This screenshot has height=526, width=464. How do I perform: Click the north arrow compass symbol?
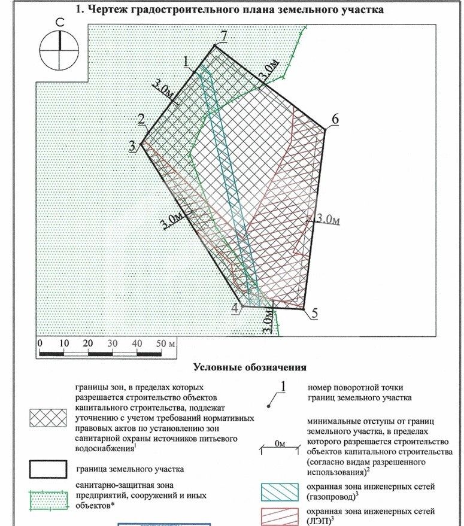click(x=60, y=48)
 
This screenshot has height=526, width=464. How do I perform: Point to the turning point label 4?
click(x=236, y=308)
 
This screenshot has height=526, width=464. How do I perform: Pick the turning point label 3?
click(x=132, y=145)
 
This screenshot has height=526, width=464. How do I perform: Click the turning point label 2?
click(x=141, y=119)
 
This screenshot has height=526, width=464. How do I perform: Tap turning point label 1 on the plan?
click(x=187, y=60)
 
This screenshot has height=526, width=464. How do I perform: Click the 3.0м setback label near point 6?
click(x=329, y=220)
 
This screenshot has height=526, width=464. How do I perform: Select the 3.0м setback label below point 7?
click(x=268, y=70)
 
